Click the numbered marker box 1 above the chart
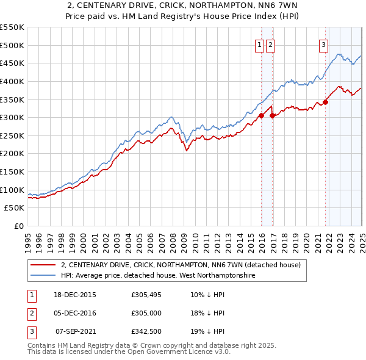pos(259,44)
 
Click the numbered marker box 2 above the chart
pos(270,44)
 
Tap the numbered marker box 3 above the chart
pos(323,44)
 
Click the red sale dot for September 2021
pos(325,102)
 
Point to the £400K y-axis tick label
pos(13,81)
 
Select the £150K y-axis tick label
pos(13,172)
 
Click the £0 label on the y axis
pos(19,226)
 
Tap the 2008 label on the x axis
pos(173,240)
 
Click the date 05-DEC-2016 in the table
pos(75,313)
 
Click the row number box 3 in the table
pos(30,331)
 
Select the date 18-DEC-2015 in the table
pos(75,295)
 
